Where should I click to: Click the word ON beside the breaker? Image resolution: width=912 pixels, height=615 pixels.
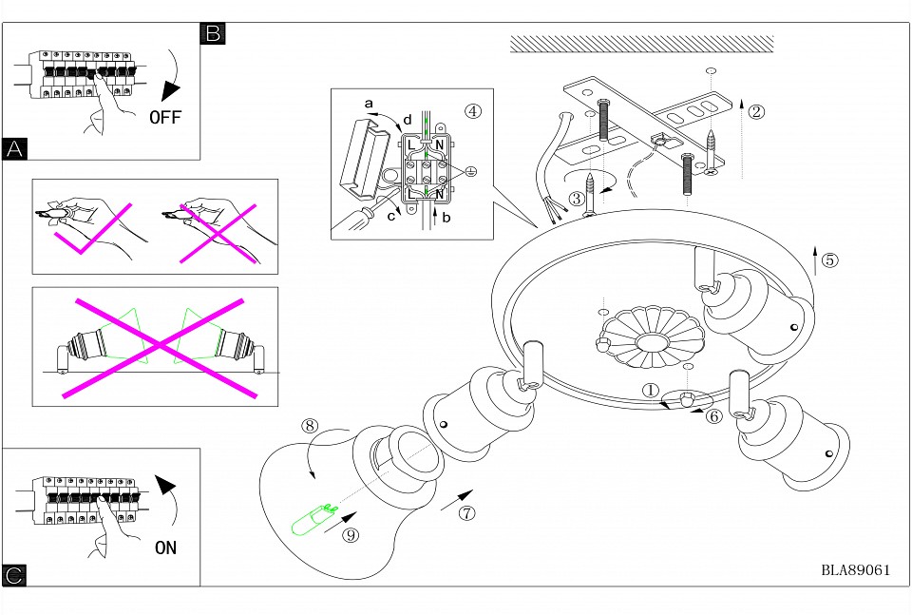click(x=165, y=548)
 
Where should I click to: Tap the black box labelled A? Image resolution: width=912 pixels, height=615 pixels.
click(x=14, y=148)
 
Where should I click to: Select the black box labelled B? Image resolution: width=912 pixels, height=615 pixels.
click(x=213, y=34)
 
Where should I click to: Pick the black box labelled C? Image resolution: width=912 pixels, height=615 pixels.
click(x=14, y=575)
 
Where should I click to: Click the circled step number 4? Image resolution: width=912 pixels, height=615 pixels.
click(x=472, y=110)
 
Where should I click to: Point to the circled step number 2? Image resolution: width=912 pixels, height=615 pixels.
click(x=756, y=111)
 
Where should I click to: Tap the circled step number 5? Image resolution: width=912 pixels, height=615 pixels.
click(x=829, y=259)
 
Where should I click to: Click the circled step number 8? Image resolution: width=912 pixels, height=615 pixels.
click(x=310, y=426)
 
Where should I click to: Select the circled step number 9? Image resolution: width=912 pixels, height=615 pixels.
click(x=351, y=535)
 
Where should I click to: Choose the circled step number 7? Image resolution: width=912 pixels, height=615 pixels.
click(x=466, y=513)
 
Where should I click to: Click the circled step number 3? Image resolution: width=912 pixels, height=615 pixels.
click(x=576, y=199)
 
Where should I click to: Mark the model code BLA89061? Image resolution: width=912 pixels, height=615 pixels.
click(x=855, y=570)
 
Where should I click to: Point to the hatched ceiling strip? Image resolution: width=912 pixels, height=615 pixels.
click(x=641, y=44)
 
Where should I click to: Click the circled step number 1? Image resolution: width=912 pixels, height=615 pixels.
click(x=650, y=390)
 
